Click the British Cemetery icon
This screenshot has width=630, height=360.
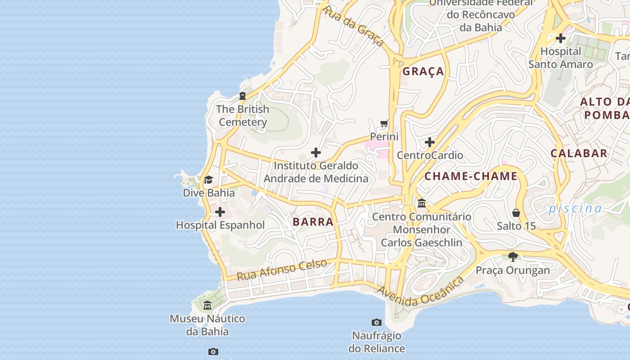pos(243,96)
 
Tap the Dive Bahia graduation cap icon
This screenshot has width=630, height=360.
pos(208,180)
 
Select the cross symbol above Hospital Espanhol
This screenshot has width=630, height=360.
pos(220,212)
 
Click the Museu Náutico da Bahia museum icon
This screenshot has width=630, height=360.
pos(207,306)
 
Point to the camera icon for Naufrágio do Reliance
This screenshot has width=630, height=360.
pos(377,322)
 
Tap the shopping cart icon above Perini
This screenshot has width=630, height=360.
pos(384,123)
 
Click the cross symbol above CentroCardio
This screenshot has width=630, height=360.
pos(430,143)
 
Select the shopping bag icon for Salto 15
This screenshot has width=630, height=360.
pos(516,213)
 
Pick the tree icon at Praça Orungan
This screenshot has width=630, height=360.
pos(513,257)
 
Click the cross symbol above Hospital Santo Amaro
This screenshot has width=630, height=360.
pos(560,38)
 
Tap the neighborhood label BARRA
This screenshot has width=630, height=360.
pos(313,222)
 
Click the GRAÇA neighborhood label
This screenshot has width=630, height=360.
pos(423,72)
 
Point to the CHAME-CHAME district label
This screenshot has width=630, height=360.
pos(471,176)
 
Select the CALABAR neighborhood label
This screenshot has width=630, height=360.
pos(579,153)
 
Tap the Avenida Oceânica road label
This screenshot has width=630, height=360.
pos(420,293)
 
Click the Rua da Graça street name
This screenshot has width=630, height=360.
pos(353,26)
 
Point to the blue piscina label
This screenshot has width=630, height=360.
pos(575,208)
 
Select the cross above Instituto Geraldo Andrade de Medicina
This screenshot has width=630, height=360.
pos(316,153)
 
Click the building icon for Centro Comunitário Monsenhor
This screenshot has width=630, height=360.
pos(422,203)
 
